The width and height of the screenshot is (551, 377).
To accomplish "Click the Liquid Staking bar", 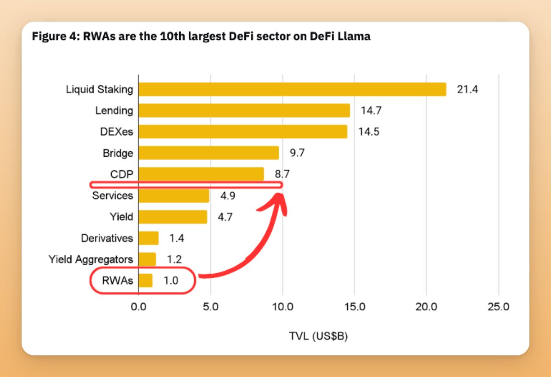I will (x=292, y=89).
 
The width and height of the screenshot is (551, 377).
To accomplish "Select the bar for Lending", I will (x=244, y=110).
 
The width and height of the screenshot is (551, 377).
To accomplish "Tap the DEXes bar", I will (x=242, y=131).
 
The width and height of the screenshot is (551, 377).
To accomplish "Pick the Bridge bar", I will (x=208, y=153).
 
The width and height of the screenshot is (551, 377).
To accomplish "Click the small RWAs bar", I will (x=145, y=280).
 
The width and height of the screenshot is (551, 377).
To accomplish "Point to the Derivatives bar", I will (x=148, y=238).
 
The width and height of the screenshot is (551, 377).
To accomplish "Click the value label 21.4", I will (x=467, y=90).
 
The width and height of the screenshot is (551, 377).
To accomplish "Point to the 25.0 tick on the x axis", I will (x=498, y=307).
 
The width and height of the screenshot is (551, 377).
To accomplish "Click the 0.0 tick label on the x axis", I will (x=138, y=307).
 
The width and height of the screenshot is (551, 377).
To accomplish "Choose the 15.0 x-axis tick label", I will (x=354, y=307).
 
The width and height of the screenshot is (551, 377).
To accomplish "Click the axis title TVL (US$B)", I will (x=318, y=337).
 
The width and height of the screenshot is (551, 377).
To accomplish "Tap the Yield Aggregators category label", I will (x=91, y=260).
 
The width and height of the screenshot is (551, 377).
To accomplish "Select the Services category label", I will (x=112, y=196).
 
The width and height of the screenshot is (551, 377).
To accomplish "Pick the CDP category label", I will (x=122, y=174).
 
